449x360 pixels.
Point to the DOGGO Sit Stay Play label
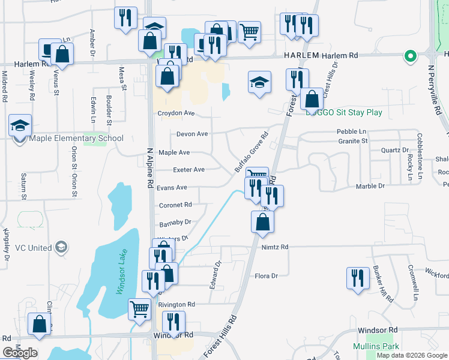coord(344,112)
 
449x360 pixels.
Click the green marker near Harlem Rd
coord(411,57)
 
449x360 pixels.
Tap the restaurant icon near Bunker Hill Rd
coord(358,278)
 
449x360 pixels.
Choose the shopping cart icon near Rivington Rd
coord(140,310)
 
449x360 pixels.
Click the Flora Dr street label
coord(266,276)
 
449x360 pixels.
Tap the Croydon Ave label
coord(176,113)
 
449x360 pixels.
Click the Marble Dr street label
coord(370,186)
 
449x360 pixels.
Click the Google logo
coord(20,353)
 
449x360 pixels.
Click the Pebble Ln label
coord(351,131)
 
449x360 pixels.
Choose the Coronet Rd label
coord(175,205)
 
